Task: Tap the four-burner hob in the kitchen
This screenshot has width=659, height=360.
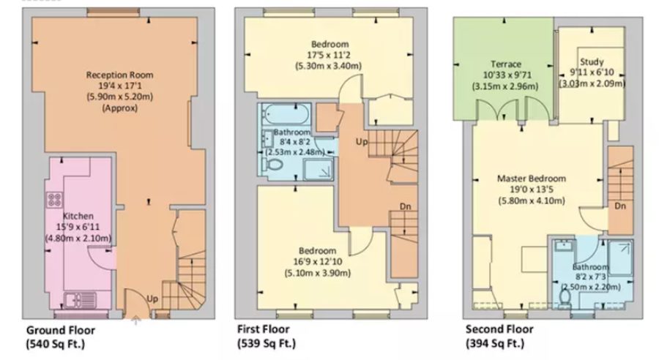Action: [55, 199]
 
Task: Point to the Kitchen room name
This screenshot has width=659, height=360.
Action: [77, 217]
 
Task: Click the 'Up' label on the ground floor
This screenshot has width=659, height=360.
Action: [152, 299]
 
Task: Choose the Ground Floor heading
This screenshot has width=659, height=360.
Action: [61, 330]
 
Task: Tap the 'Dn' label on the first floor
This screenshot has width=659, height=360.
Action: [405, 207]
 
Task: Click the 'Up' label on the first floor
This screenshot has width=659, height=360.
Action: [362, 140]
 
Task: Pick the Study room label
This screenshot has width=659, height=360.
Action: [592, 61]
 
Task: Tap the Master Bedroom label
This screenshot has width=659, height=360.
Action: [532, 179]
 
